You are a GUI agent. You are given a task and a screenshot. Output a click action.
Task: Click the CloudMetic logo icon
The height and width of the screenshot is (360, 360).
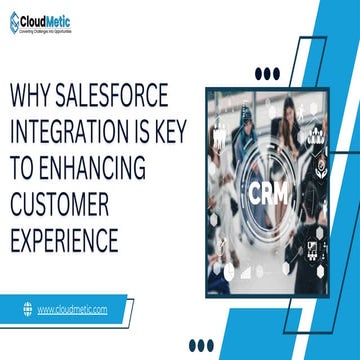13,19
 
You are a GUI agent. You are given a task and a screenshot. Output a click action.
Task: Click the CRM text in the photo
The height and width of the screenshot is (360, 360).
266,191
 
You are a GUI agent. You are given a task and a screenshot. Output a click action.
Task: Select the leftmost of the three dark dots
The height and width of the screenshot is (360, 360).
258,72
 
